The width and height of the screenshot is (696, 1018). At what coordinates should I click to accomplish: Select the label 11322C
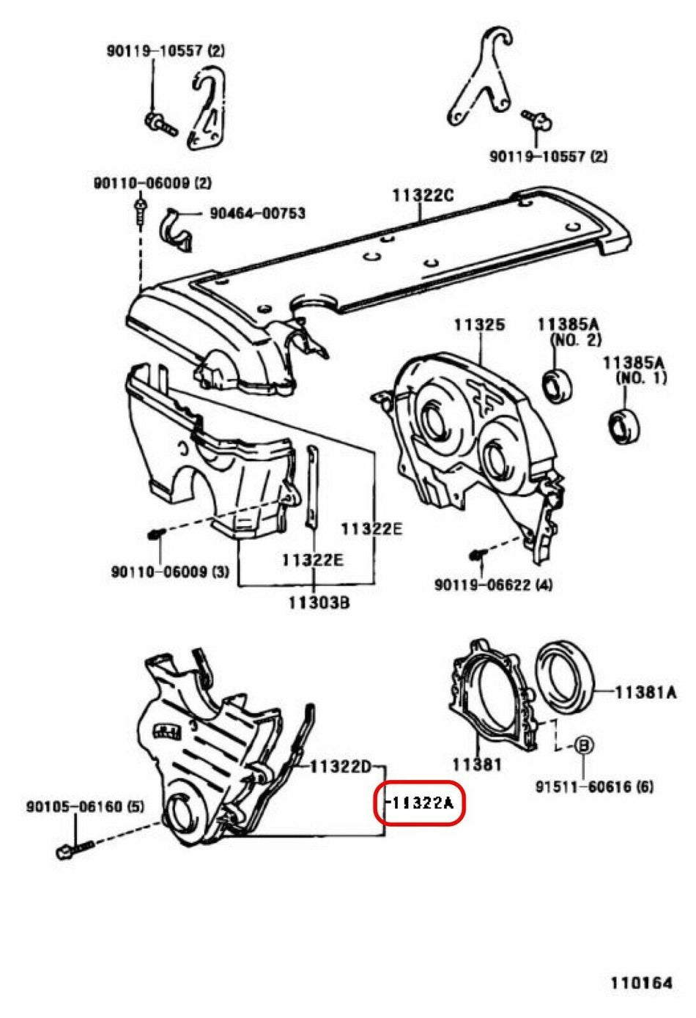click(423, 195)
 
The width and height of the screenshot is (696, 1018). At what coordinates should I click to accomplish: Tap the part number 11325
click(478, 324)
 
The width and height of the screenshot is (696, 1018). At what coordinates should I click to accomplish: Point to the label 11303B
click(318, 603)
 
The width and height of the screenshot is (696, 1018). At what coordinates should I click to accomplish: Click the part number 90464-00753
click(257, 213)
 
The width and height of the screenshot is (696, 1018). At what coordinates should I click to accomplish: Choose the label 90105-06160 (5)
click(85, 807)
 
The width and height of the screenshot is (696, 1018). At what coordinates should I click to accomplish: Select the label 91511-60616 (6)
click(593, 787)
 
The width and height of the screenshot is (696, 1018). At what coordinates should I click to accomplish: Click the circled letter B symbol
click(584, 745)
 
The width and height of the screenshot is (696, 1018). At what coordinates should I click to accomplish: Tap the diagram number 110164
click(641, 983)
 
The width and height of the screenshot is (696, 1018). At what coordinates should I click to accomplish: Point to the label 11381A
click(645, 691)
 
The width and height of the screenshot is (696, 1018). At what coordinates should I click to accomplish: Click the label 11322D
click(340, 767)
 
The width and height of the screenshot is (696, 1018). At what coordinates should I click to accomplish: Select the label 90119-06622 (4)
click(493, 585)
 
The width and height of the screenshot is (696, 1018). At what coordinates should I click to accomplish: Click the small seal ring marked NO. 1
click(625, 427)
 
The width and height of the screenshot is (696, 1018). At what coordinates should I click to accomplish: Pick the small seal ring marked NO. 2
click(557, 386)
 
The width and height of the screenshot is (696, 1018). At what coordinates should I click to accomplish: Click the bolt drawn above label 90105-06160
click(74, 848)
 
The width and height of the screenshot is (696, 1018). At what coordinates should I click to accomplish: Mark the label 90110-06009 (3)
click(170, 572)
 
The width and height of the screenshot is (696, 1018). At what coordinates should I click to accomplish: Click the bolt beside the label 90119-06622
click(477, 556)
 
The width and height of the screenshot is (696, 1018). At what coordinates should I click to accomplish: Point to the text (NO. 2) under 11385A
click(575, 340)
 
